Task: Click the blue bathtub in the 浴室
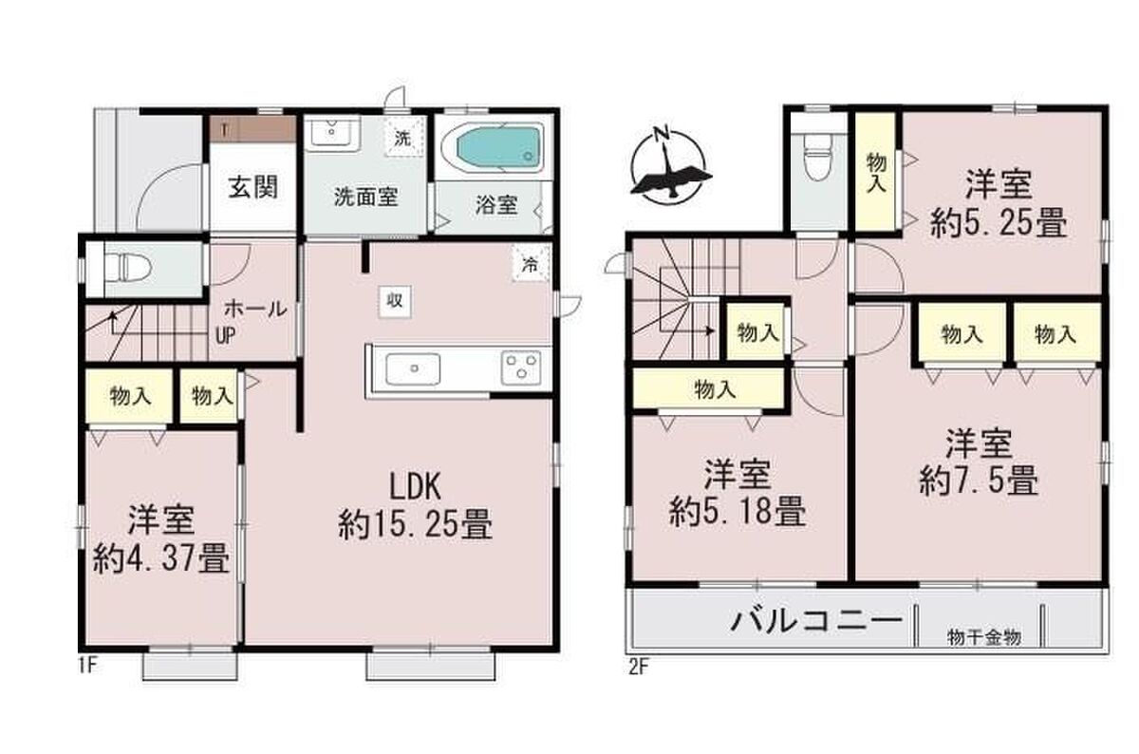(x=497, y=147)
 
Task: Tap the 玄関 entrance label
(x=252, y=187)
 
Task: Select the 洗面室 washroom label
(x=365, y=197)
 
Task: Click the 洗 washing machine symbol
(x=403, y=138)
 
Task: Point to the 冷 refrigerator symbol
(x=531, y=265)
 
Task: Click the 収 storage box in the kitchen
(x=395, y=301)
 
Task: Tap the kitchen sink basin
(x=413, y=368)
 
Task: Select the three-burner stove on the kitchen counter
(x=521, y=368)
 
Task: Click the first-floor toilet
(x=126, y=269)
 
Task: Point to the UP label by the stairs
(x=225, y=335)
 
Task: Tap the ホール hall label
(x=255, y=309)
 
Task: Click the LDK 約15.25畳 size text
(x=415, y=505)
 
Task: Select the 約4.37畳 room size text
(x=160, y=557)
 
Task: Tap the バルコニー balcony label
(x=816, y=620)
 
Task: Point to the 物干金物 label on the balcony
(x=984, y=637)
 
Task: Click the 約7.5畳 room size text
(x=979, y=481)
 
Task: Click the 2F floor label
(x=639, y=667)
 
